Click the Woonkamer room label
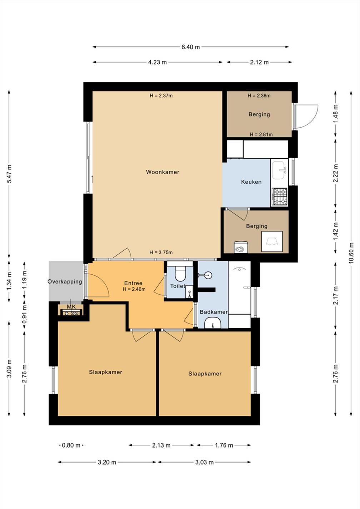pos(162,172)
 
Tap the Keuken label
pos(251,182)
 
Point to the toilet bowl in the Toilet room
pos(180,273)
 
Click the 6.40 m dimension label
pos(191,47)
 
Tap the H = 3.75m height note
pos(161,252)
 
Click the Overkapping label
pos(65,282)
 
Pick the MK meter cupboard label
pos(71,307)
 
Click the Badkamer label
pos(214,312)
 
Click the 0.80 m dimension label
pos(71,445)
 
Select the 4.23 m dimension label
pos(157,62)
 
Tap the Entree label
pos(133,283)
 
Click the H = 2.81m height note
pos(261,135)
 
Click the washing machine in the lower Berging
pos(241,247)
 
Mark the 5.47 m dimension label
pos(9,174)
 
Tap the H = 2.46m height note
pos(134,289)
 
